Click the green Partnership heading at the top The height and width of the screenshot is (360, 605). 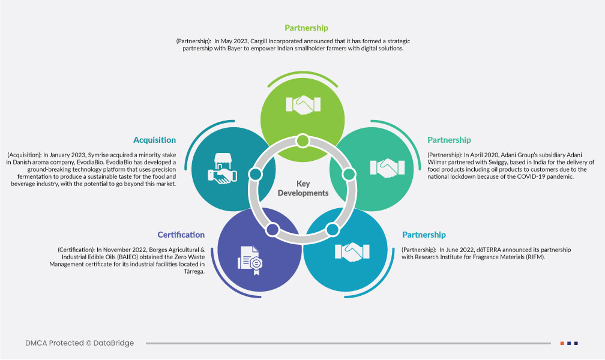pyautogui.click(x=306, y=28)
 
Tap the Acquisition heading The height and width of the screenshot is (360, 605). pyautogui.click(x=155, y=140)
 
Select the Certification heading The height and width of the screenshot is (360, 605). pyautogui.click(x=181, y=235)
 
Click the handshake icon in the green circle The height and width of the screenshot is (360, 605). pyautogui.click(x=302, y=106)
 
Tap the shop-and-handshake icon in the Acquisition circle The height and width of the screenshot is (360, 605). pyautogui.click(x=221, y=167)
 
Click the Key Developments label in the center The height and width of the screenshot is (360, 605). pyautogui.click(x=304, y=188)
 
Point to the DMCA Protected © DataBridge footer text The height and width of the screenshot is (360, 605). pyautogui.click(x=80, y=343)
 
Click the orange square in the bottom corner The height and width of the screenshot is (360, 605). pyautogui.click(x=562, y=343)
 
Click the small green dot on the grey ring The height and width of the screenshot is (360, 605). pyautogui.click(x=302, y=141)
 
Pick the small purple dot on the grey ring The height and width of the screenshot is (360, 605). pyautogui.click(x=272, y=229)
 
